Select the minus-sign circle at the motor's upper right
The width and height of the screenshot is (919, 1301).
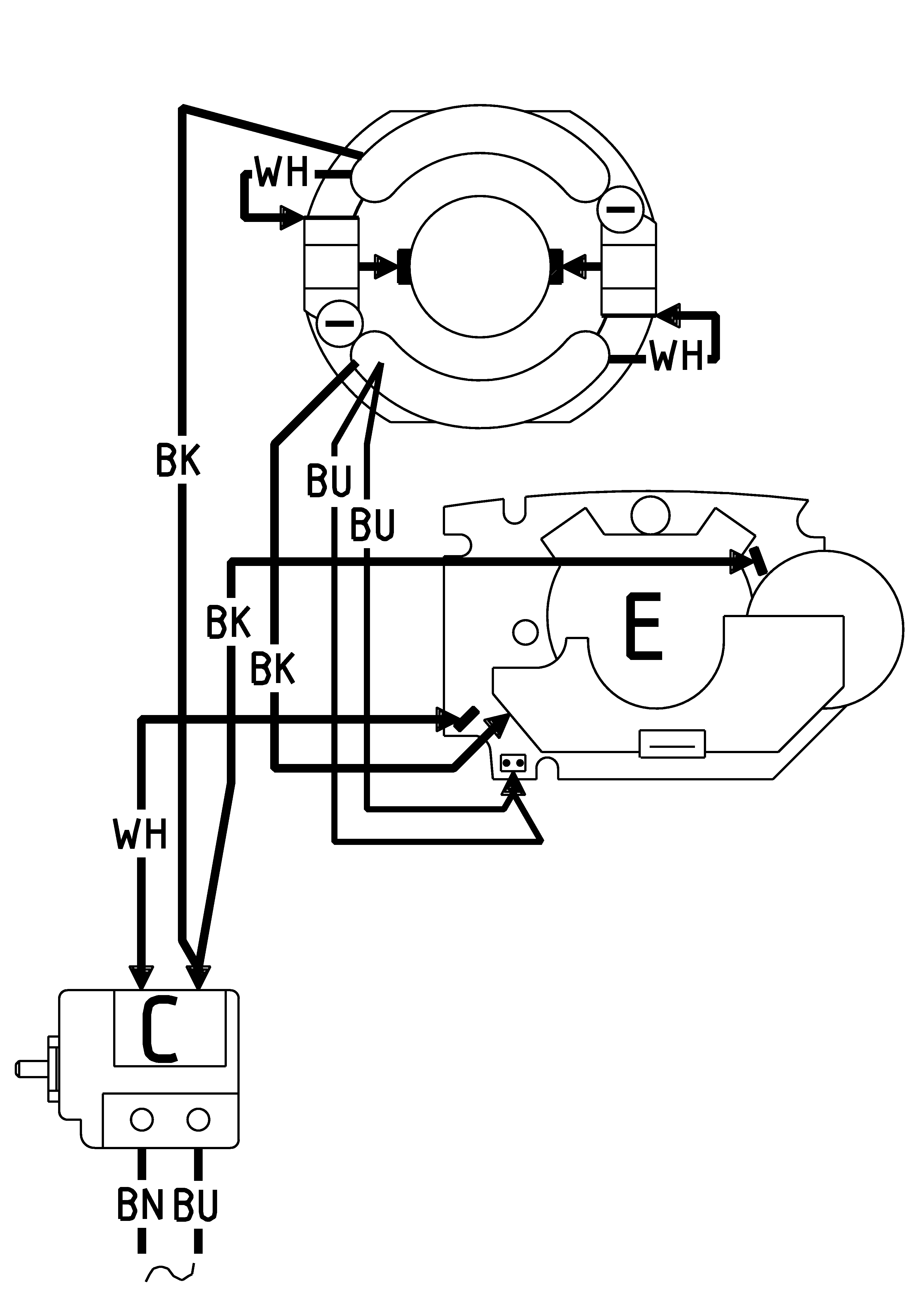621,209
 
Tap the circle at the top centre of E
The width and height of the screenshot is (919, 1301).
650,515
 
